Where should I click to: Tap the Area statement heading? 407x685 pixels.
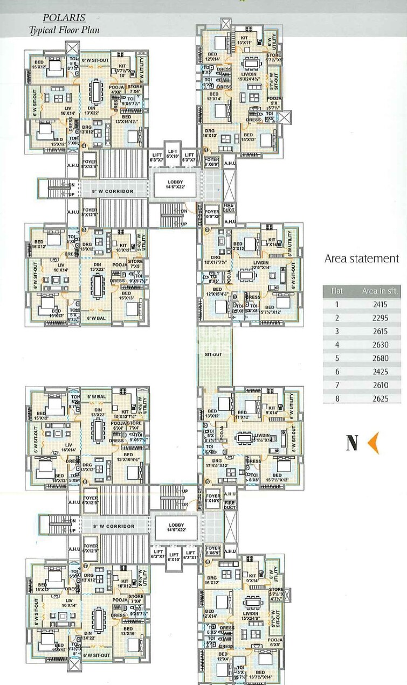[362, 258]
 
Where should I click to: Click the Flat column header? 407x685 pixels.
[337, 291]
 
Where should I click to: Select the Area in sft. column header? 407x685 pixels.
[380, 291]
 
